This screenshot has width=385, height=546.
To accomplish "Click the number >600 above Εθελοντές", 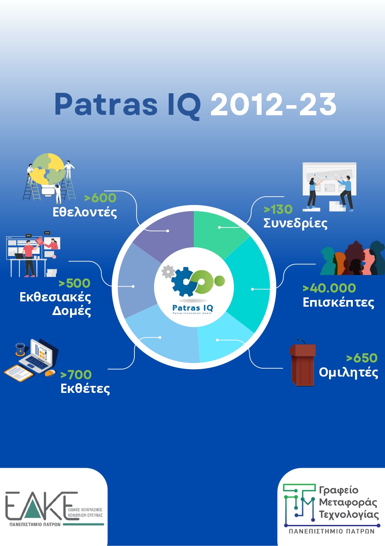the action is coord(100,198).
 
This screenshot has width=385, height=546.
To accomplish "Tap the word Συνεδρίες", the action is coord(295,224).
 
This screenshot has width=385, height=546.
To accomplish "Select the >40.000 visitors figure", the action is coord(329,288).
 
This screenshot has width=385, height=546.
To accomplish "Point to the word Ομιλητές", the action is coord(348,373).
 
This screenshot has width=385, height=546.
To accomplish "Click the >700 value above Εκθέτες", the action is coord(76,375).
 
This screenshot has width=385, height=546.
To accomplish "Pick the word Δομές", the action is coord(71,311).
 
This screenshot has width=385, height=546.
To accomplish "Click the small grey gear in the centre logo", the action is coord(168,271).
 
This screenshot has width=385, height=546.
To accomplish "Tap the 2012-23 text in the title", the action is coord(273,104).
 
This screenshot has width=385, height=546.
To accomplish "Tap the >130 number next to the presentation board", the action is coord(278,209).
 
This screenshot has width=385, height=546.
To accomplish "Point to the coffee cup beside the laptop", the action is coord(20,349).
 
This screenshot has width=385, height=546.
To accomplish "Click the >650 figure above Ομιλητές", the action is coord(362,358).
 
